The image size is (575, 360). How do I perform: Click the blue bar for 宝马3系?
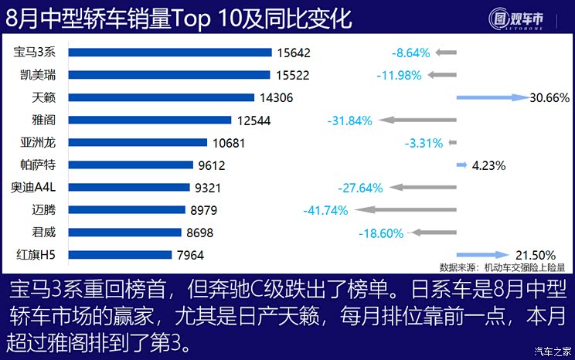pyautogui.click(x=170, y=53)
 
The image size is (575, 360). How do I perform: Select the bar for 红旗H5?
pyautogui.click(x=120, y=254)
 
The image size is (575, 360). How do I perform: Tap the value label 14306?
pyautogui.click(x=277, y=97)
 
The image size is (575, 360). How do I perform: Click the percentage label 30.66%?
pyautogui.click(x=550, y=97)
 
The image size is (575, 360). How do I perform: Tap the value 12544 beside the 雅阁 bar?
pyautogui.click(x=254, y=120)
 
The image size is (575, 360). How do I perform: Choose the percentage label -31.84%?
pyautogui.click(x=349, y=121)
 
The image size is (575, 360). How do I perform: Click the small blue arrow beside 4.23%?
pyautogui.click(x=461, y=165)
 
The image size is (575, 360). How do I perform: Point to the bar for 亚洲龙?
pyautogui.click(x=138, y=142)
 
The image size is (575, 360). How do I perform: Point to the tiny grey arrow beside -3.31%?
pyautogui.click(x=453, y=143)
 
